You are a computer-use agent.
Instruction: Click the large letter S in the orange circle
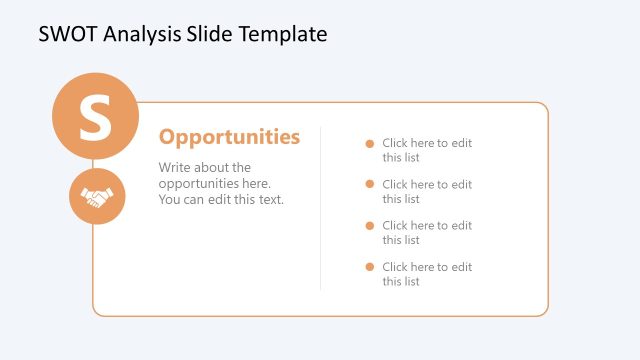tap(95, 117)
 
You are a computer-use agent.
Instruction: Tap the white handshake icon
tap(96, 197)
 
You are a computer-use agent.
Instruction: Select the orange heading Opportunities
tap(229, 137)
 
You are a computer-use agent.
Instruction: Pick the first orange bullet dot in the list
tap(369, 143)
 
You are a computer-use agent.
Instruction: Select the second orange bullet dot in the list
tap(369, 184)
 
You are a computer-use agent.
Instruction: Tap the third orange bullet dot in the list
tap(369, 225)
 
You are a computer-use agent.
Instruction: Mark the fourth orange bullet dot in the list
tap(369, 267)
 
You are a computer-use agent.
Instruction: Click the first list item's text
tap(426, 150)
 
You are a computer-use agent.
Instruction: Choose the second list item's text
tap(426, 191)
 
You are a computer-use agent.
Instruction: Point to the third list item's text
tap(426, 232)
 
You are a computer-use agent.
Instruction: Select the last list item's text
tap(426, 274)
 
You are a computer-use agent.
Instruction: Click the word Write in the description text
tap(176, 167)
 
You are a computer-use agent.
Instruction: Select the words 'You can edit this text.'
tap(221, 199)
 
